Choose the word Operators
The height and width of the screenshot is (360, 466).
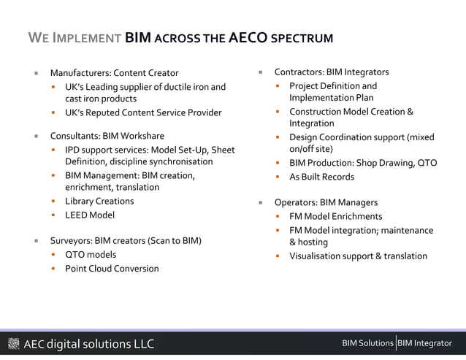[294, 202]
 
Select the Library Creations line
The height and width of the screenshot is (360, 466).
[99, 201]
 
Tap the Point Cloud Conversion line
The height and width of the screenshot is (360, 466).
[112, 268]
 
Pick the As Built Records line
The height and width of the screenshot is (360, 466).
[321, 177]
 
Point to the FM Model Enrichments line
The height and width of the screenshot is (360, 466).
[335, 216]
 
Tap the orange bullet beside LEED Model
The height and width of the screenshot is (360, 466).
[54, 215]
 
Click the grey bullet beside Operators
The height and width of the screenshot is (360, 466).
[259, 202]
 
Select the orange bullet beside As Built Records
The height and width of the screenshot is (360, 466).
[278, 177]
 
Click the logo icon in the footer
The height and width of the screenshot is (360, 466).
[13, 344]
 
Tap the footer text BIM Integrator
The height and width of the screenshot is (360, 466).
[425, 343]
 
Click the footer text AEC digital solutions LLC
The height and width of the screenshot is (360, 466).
[88, 344]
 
